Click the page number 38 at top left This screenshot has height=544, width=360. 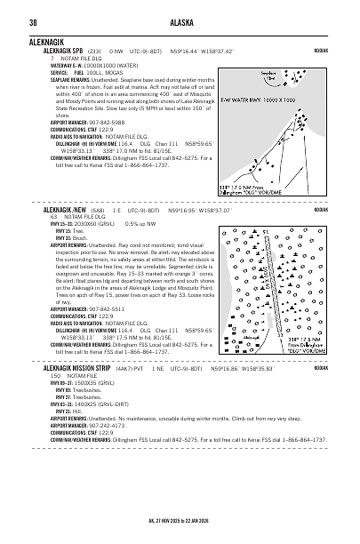[x=33, y=22]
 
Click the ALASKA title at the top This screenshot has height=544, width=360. [x=180, y=22]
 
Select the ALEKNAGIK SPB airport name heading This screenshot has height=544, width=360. [x=63, y=51]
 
